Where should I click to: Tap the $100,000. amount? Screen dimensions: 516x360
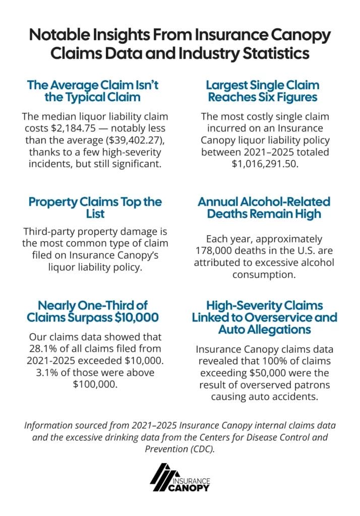pyautogui.click(x=95, y=384)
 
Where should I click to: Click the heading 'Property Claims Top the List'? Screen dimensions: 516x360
pyautogui.click(x=95, y=208)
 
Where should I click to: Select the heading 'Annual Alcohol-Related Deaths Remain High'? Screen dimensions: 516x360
pyautogui.click(x=264, y=208)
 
